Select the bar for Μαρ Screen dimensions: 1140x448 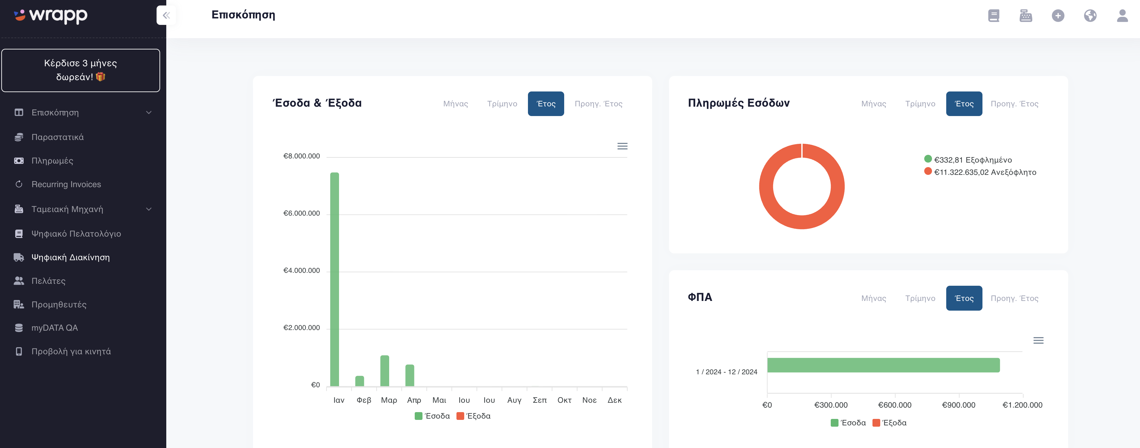pos(385,371)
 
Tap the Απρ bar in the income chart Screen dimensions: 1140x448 pos(410,376)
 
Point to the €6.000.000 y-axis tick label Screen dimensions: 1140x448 pos(301,213)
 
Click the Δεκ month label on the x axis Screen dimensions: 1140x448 pos(614,400)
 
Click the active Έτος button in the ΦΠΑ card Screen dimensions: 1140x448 pos(964,298)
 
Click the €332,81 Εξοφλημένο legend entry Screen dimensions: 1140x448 pos(968,160)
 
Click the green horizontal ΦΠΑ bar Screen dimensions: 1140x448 pos(883,365)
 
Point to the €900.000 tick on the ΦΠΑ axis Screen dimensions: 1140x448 pos(959,405)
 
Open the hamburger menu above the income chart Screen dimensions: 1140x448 pos(622,146)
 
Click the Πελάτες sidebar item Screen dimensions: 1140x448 pos(48,281)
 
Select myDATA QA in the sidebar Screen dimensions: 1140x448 pos(54,328)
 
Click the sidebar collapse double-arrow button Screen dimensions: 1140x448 pos(166,16)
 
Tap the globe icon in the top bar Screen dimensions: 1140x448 pos(1090,16)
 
